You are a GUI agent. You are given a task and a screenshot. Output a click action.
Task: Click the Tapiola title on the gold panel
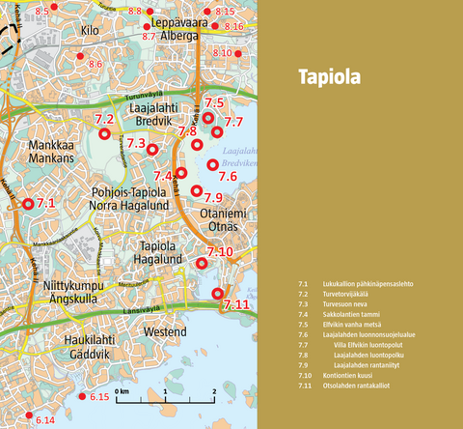pyautogui.click(x=328, y=77)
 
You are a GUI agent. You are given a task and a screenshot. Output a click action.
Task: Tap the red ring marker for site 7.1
pyautogui.click(x=28, y=204)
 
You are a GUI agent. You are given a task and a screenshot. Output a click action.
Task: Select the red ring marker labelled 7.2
pyautogui.click(x=105, y=134)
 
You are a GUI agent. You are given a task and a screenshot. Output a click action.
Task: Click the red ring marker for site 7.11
pyautogui.click(x=217, y=293)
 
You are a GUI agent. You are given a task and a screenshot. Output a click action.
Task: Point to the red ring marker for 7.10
pyautogui.click(x=202, y=263)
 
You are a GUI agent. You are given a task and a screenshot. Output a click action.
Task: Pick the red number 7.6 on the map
pyautogui.click(x=228, y=177)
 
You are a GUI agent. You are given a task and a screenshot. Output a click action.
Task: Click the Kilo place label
pyautogui.click(x=91, y=31)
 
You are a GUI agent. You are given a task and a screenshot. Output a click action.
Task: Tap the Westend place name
pyautogui.click(x=165, y=331)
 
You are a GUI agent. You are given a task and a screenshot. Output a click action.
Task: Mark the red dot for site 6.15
pyautogui.click(x=81, y=397)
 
